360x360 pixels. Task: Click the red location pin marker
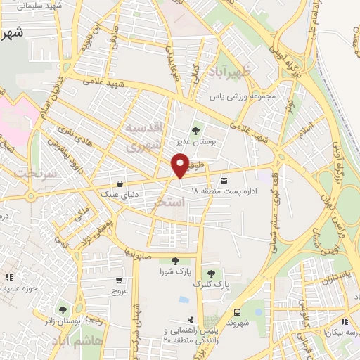click(x=180, y=165)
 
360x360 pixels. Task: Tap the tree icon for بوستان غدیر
click(x=195, y=130)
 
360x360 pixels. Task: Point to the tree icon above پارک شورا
click(x=165, y=260)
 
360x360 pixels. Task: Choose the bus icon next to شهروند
click(x=237, y=311)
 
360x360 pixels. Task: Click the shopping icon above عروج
click(x=118, y=279)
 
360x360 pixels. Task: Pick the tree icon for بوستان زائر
click(x=63, y=310)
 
